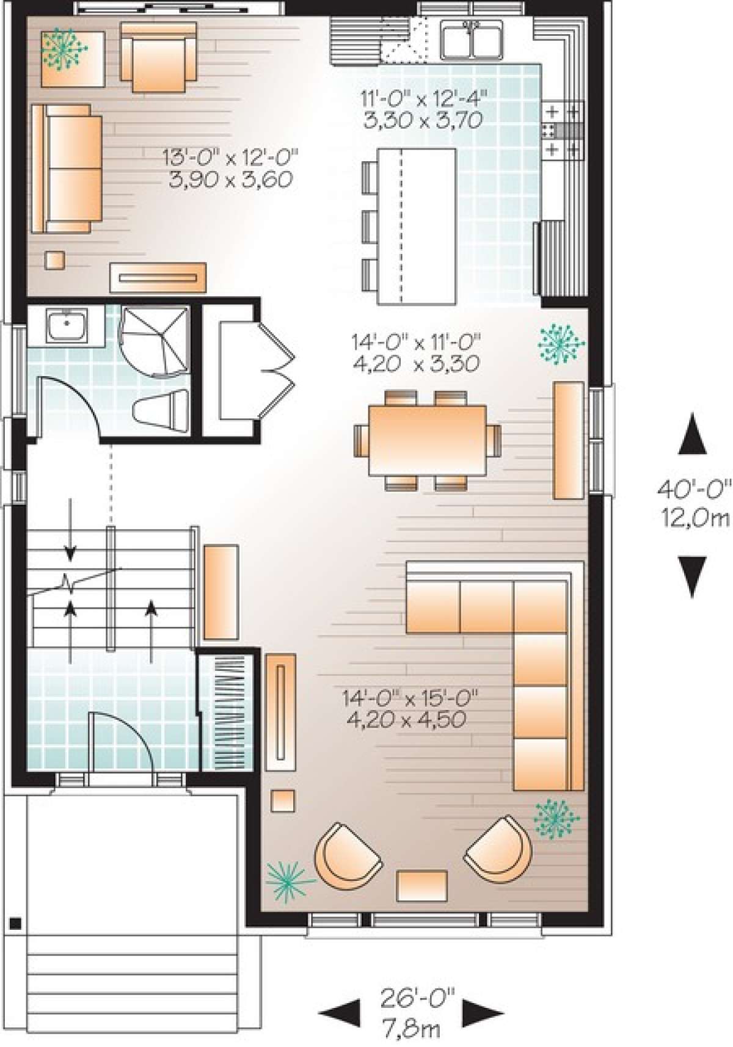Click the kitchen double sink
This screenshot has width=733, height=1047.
pos(472,38)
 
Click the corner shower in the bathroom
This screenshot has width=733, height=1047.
pos(153,341)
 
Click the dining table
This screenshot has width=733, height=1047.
pos(428,440)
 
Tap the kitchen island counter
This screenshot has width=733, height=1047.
pos(417,226)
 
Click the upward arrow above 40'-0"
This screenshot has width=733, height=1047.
pos(692,433)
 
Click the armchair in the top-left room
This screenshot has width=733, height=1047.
pos(158,57)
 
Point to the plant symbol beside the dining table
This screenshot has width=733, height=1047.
pos(560,344)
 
